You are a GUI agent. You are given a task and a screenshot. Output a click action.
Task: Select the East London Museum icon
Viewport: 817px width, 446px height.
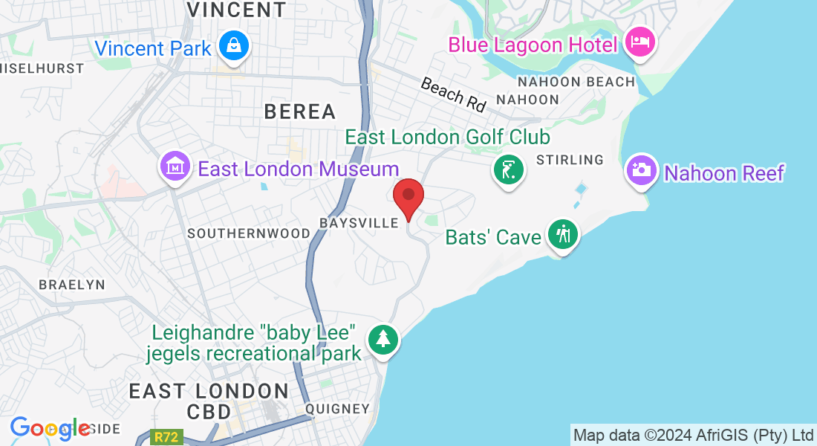[x=175, y=167]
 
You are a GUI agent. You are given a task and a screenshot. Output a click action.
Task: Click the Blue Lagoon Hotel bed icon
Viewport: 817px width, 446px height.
[x=639, y=42]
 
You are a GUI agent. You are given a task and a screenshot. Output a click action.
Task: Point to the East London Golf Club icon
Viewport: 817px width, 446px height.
[x=508, y=170]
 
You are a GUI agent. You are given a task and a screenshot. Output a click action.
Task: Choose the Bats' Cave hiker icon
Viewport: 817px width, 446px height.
[x=563, y=235]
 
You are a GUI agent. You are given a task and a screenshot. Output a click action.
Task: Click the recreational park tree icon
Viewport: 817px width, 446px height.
[x=383, y=339]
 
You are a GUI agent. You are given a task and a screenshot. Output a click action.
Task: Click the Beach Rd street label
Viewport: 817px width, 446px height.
[x=453, y=94]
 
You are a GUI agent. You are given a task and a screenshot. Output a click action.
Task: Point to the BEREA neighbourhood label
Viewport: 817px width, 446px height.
[x=300, y=111]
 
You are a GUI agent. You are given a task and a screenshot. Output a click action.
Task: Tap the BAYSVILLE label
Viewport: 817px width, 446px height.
[x=359, y=223]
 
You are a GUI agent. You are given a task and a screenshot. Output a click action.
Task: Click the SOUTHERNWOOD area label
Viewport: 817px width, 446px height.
[x=249, y=233]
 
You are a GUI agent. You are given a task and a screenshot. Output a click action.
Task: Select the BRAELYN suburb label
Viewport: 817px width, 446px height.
[x=72, y=285]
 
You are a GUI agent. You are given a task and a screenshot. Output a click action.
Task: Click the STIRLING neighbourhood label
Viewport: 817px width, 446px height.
[x=570, y=160]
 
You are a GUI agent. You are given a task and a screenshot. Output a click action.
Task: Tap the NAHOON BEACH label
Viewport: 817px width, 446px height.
[x=576, y=82]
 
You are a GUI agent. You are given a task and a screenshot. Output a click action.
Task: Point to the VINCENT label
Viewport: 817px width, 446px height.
[x=236, y=10]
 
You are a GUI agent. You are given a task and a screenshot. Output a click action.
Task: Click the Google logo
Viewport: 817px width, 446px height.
[x=51, y=428]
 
